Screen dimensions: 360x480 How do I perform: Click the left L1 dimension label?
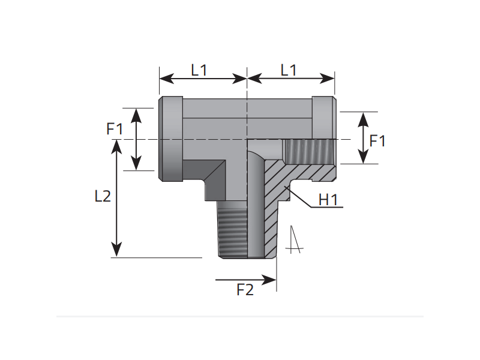pyautogui.click(x=199, y=70)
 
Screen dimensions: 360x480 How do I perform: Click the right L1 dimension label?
pyautogui.click(x=289, y=70)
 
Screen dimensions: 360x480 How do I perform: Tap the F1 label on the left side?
pyautogui.click(x=115, y=128)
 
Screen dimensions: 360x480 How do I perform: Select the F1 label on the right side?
pyautogui.click(x=377, y=141)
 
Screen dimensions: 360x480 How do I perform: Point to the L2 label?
pyautogui.click(x=103, y=196)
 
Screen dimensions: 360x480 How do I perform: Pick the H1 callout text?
pyautogui.click(x=328, y=200)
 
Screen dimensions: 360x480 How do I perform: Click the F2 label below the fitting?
pyautogui.click(x=245, y=290)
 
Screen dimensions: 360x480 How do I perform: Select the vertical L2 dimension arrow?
pyautogui.click(x=116, y=198)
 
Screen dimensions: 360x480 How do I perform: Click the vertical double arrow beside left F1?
pyautogui.click(x=137, y=139)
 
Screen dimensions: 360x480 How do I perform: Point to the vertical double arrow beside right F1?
pyautogui.click(x=362, y=137)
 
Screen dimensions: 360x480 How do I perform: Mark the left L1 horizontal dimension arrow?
pyautogui.click(x=203, y=79)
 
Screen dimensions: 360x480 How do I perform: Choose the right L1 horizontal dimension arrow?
pyautogui.click(x=292, y=79)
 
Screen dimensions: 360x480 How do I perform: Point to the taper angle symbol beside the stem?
pyautogui.click(x=293, y=240)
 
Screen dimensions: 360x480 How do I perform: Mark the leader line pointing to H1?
pyautogui.click(x=300, y=198)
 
